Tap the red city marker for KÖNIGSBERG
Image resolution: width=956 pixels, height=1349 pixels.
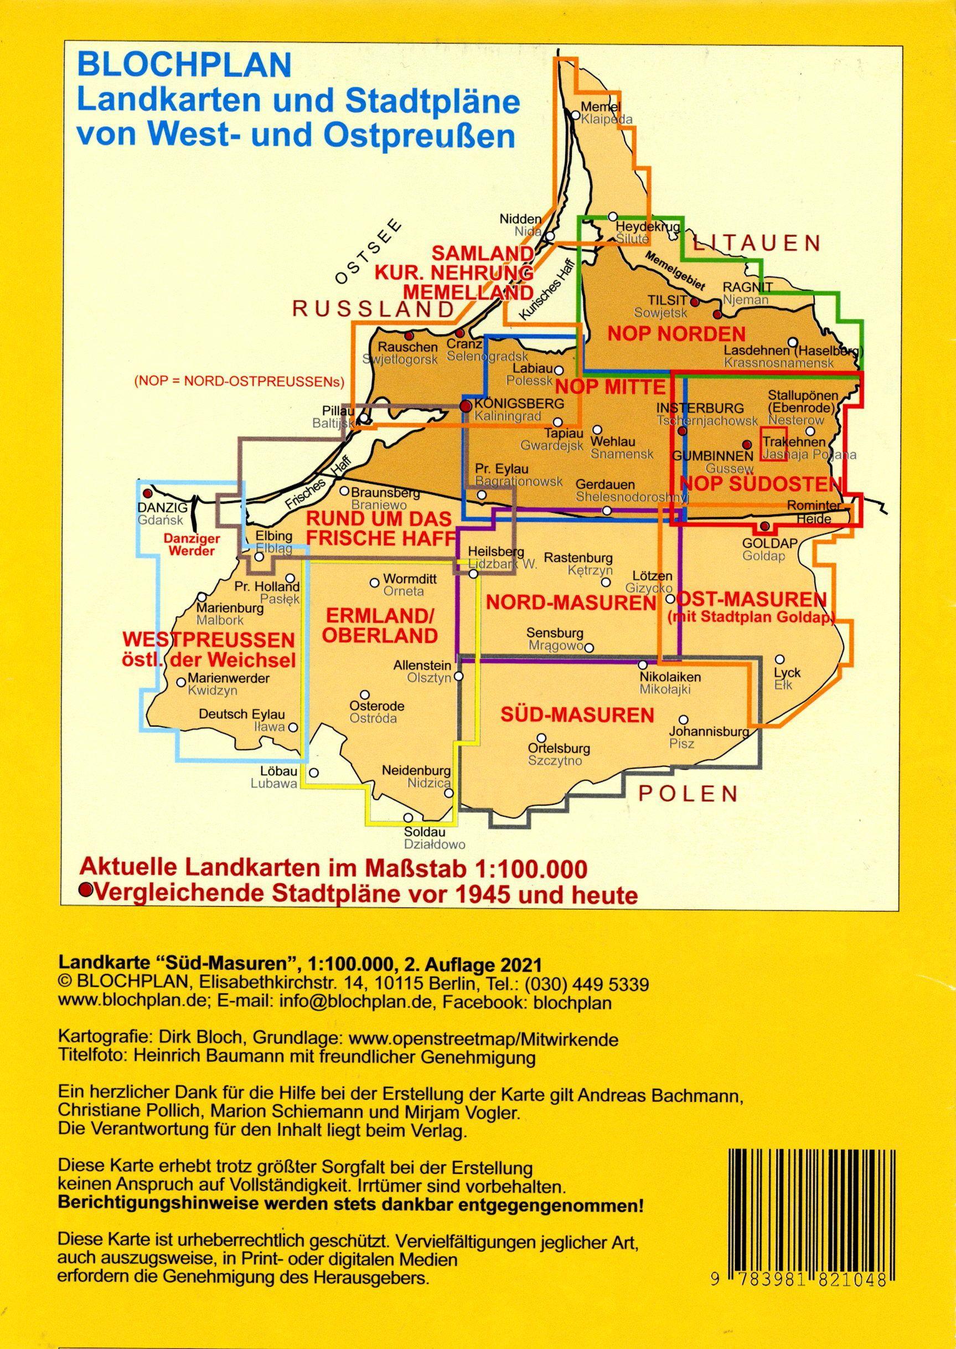(x=466, y=406)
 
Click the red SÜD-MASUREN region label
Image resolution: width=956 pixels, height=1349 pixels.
(x=577, y=715)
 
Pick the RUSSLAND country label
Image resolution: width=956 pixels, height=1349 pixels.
(x=373, y=309)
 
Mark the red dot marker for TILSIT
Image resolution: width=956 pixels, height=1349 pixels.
(x=695, y=303)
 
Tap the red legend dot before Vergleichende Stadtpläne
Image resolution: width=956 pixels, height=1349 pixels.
(x=86, y=890)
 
